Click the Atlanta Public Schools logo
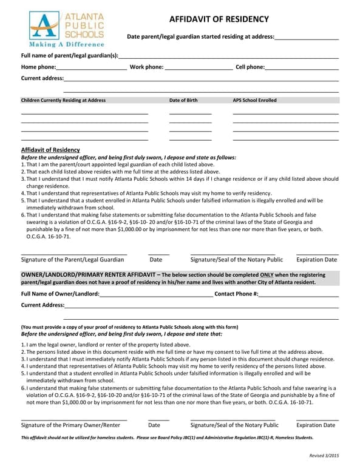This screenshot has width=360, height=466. (x=66, y=27)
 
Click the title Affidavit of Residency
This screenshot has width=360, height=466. (x=219, y=19)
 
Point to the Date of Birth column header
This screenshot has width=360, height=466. (x=183, y=100)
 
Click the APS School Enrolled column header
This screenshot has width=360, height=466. (x=254, y=100)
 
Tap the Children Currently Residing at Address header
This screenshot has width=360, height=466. (x=63, y=100)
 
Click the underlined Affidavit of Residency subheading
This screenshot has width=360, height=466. (x=50, y=150)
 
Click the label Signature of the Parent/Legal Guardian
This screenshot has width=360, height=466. (x=72, y=260)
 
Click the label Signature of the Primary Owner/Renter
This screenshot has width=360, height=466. (x=70, y=425)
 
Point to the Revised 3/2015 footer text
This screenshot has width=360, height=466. (x=324, y=456)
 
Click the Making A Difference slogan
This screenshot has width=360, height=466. (x=67, y=44)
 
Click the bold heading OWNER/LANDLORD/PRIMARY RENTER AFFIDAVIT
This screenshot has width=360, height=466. (x=89, y=275)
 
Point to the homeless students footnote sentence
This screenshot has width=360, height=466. (x=167, y=437)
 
